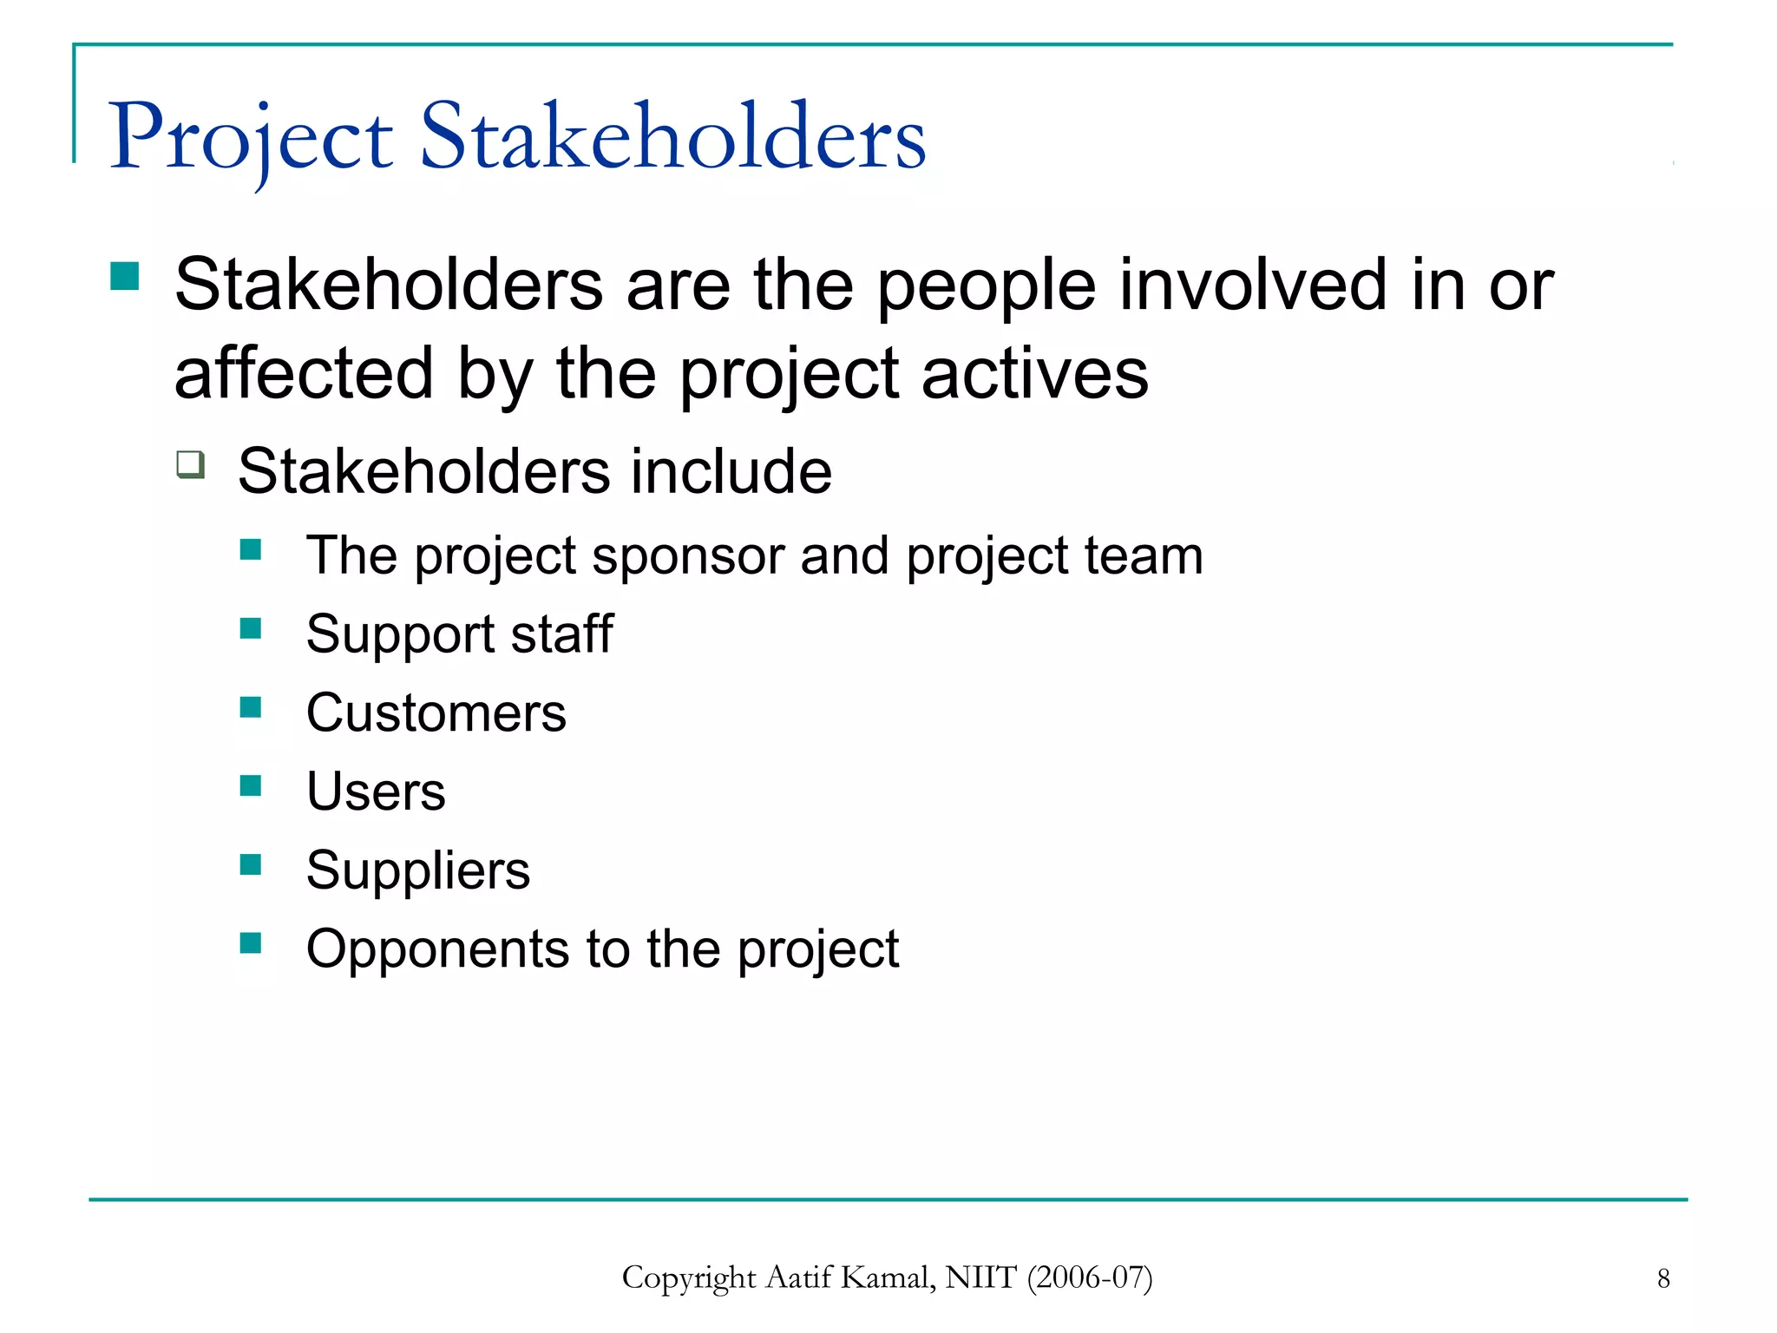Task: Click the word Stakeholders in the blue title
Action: (x=673, y=137)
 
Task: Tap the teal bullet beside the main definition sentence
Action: (x=125, y=277)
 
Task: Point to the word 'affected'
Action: (x=304, y=373)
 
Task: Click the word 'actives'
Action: (x=1034, y=373)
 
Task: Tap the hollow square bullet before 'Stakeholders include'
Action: (x=191, y=464)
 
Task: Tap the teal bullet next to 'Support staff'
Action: (x=251, y=628)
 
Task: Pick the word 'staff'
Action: (x=561, y=634)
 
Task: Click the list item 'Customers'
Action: (x=436, y=713)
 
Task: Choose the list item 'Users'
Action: (x=376, y=791)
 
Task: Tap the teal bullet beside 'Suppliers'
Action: (x=251, y=864)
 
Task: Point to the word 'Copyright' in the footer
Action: (x=689, y=1278)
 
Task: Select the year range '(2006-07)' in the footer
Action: (x=1090, y=1277)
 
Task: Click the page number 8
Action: (x=1663, y=1278)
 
